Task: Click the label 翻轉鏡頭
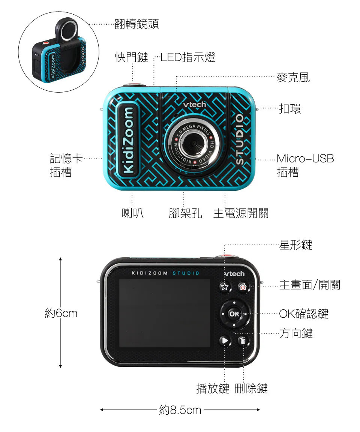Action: coord(136,24)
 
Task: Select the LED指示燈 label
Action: coord(188,57)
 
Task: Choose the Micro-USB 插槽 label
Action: coord(305,165)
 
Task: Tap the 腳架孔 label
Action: coord(185,213)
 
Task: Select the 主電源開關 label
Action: coord(241,213)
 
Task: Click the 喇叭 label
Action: coord(133,213)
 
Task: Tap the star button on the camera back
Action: coord(224,287)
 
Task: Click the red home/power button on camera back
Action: coord(243,287)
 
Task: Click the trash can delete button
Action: coord(243,341)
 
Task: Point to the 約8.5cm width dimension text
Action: coord(180,410)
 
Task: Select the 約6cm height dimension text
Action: coord(61,313)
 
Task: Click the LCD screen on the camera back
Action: coord(164,313)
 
